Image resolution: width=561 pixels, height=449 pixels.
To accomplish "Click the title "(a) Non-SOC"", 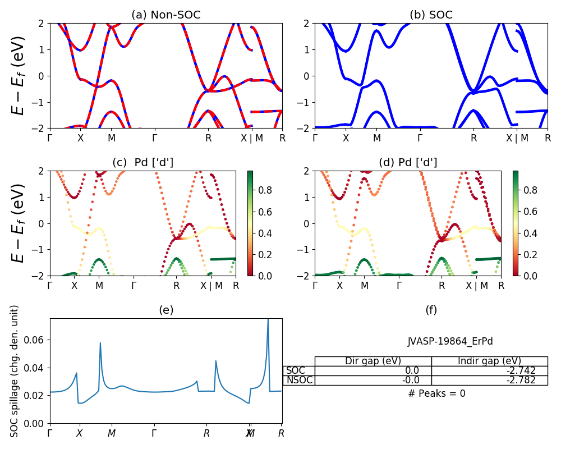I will pyautogui.click(x=166, y=15).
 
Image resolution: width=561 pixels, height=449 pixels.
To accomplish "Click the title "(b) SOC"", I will pyautogui.click(x=431, y=15).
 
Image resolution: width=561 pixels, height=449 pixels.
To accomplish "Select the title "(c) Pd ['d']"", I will pyautogui.click(x=142, y=163).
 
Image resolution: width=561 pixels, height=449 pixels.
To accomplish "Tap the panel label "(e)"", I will pyautogui.click(x=166, y=310).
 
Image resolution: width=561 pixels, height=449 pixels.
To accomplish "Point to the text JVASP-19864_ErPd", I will pyautogui.click(x=450, y=341).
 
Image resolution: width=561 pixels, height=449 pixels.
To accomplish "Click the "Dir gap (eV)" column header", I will pyautogui.click(x=373, y=361).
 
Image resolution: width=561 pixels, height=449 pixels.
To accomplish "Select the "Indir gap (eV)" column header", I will pyautogui.click(x=489, y=361).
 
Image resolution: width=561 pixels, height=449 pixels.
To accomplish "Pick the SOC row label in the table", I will pyautogui.click(x=296, y=370).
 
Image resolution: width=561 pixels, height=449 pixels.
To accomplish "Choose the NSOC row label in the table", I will pyautogui.click(x=299, y=380).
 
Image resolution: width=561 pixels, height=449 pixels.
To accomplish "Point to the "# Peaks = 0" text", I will pyautogui.click(x=436, y=393).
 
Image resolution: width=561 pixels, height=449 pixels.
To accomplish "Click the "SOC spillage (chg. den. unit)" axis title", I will pyautogui.click(x=15, y=371).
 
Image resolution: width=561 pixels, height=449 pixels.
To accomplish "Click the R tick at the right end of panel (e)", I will pyautogui.click(x=281, y=433).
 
